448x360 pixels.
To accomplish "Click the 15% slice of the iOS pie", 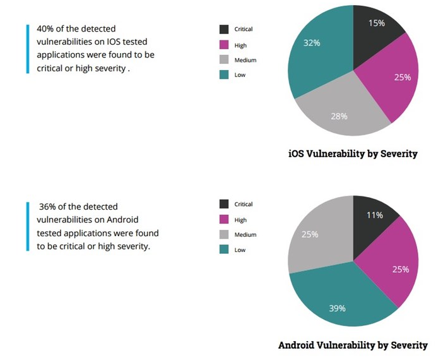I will [x=377, y=28].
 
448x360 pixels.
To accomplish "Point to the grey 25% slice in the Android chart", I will [x=315, y=237].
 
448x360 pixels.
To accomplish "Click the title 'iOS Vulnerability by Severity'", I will [x=353, y=153].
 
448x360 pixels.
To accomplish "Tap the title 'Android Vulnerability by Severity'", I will [x=353, y=345].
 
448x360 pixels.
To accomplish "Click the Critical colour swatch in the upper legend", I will [x=224, y=30].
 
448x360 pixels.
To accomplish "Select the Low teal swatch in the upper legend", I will [x=224, y=75].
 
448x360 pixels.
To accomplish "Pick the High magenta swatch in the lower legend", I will [x=224, y=220].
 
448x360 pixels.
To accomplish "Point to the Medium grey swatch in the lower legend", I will [x=224, y=235].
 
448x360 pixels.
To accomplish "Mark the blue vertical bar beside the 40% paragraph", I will [x=28, y=49].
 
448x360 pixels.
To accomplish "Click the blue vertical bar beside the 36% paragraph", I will [x=28, y=227].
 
